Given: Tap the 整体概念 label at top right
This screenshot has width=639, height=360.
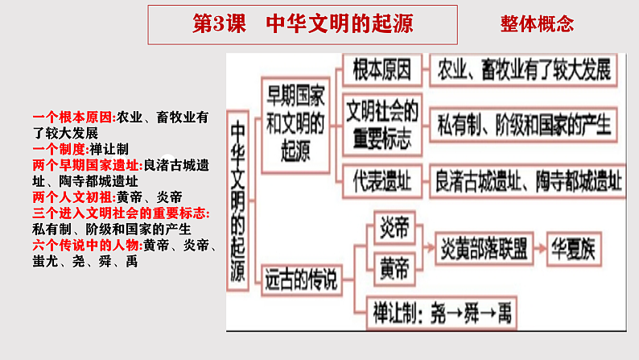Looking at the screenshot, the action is (537, 24).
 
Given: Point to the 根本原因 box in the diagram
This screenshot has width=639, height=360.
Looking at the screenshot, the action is (381, 71).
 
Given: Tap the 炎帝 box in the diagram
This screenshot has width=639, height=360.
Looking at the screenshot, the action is (394, 229).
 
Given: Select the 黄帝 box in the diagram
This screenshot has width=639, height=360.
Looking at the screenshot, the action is (394, 263).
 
